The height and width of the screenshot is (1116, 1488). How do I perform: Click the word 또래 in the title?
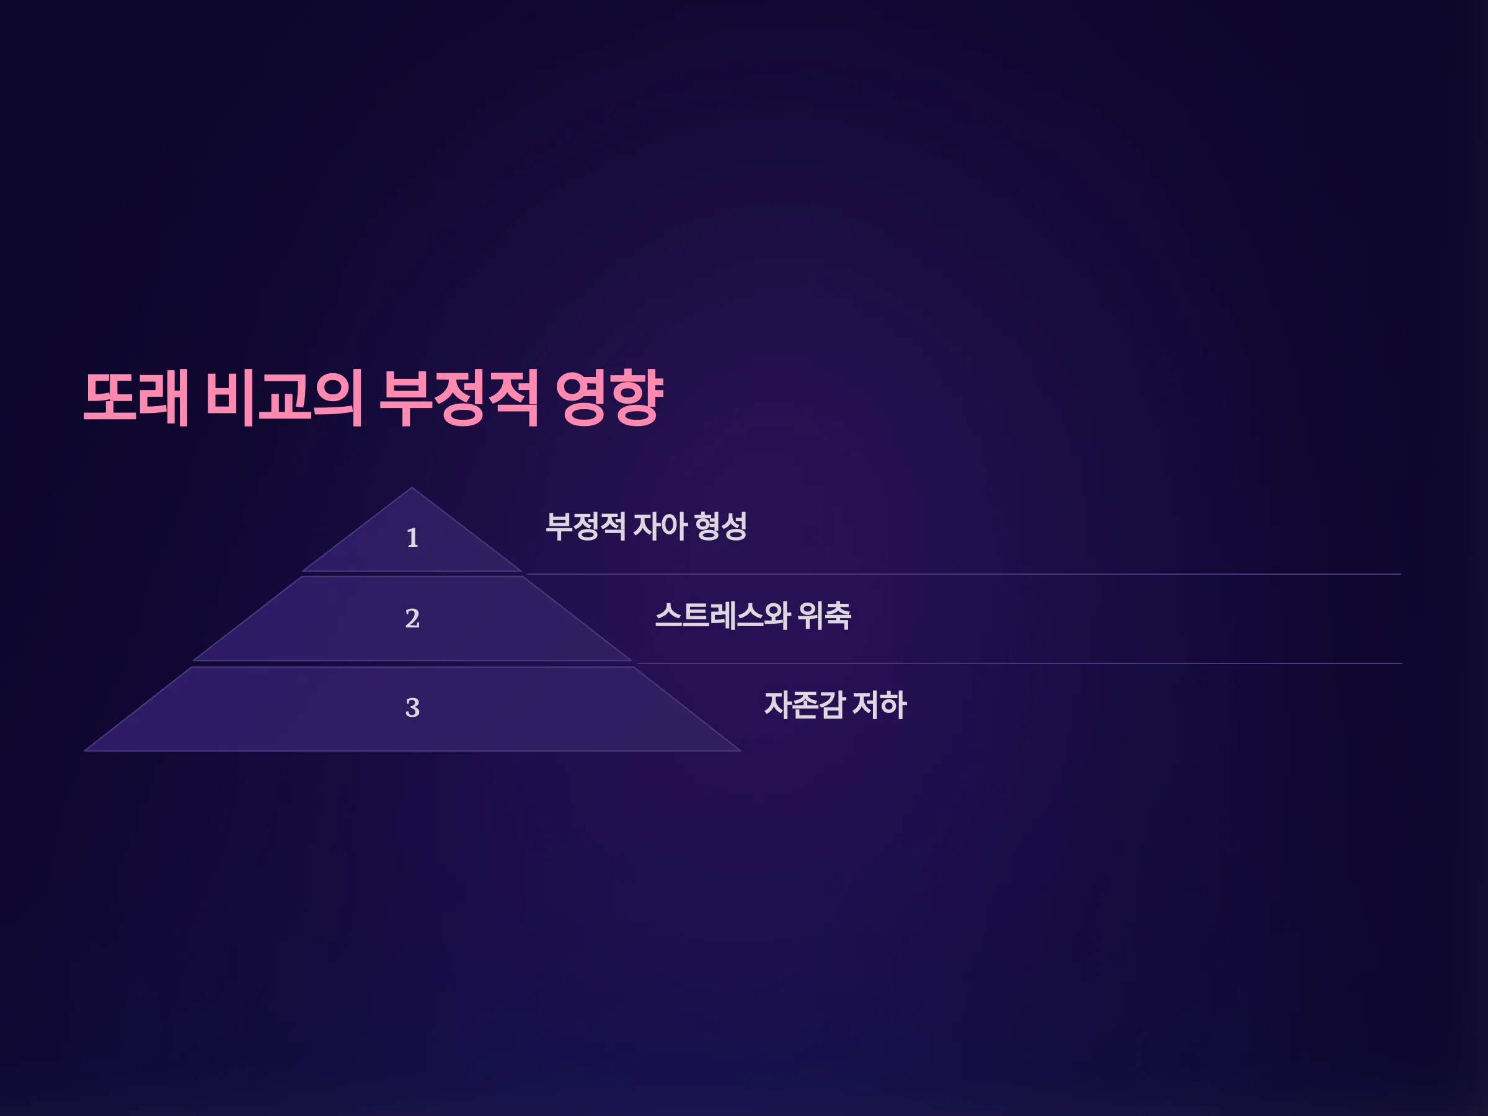(136, 397)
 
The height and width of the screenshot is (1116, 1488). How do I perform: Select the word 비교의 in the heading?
(285, 397)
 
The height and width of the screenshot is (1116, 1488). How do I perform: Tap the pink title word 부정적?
(459, 397)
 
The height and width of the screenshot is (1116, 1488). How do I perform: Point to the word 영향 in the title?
(609, 397)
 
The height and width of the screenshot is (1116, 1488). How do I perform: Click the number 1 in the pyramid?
(412, 538)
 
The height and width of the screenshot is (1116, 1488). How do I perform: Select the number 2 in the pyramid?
(412, 618)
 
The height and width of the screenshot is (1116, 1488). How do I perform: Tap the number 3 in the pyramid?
(412, 707)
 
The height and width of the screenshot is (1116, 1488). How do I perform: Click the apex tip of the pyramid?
(412, 488)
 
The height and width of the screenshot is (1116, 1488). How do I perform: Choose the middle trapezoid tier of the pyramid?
(412, 619)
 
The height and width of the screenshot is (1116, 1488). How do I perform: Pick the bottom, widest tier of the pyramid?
(412, 709)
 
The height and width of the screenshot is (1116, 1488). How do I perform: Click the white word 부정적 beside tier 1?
(586, 526)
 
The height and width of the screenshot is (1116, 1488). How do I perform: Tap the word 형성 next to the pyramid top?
(721, 526)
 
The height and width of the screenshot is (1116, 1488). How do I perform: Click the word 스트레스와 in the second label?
(722, 616)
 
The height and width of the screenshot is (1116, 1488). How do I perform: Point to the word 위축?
(824, 616)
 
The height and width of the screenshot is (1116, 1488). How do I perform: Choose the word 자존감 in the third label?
(805, 705)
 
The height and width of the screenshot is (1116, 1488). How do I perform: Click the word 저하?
(879, 705)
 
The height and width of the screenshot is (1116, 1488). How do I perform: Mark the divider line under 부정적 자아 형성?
(964, 573)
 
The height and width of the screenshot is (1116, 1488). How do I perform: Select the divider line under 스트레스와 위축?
(1020, 663)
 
